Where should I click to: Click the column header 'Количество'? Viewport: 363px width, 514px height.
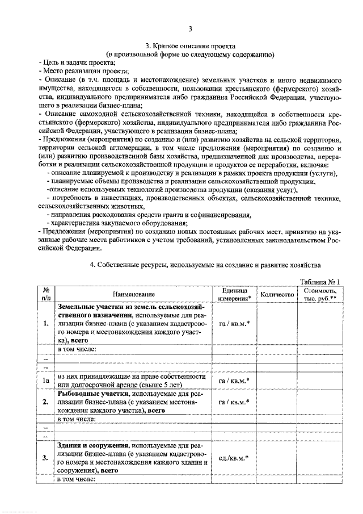(276, 294)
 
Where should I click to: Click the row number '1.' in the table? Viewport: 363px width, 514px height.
(45, 323)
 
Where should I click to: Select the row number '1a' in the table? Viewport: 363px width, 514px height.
(45, 381)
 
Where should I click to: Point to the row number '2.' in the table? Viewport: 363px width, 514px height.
(45, 402)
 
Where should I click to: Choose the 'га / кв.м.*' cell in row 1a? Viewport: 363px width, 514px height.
(234, 381)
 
